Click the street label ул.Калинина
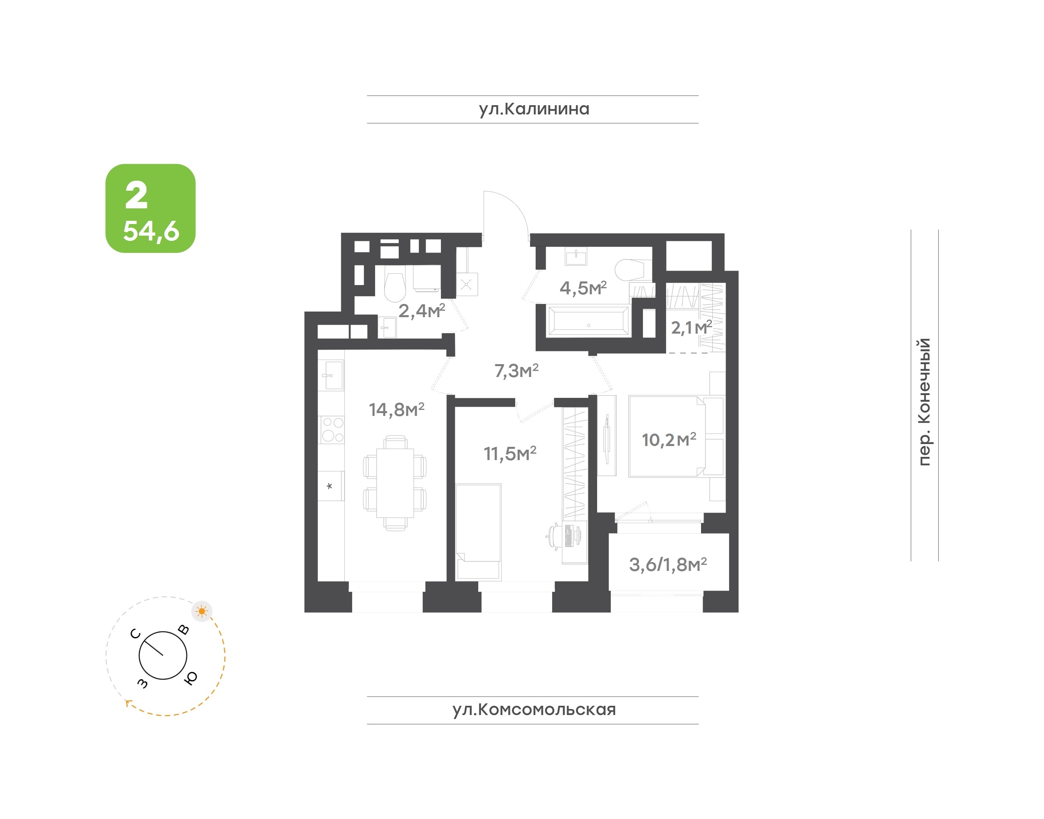[x=534, y=109]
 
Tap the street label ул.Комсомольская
[x=534, y=710]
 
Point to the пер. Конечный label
[x=924, y=401]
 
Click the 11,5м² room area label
[x=510, y=453]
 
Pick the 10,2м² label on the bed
[x=669, y=439]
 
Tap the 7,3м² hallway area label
[x=516, y=370]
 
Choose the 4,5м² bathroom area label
[x=583, y=288]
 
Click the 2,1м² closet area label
[x=691, y=328]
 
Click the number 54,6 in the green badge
[x=151, y=231]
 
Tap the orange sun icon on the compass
[x=202, y=611]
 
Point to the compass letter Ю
[x=190, y=678]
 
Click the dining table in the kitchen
[x=395, y=483]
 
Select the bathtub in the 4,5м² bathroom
[x=588, y=321]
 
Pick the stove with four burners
[x=332, y=429]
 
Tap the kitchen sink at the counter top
[x=331, y=375]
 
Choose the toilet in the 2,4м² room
[x=395, y=287]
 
